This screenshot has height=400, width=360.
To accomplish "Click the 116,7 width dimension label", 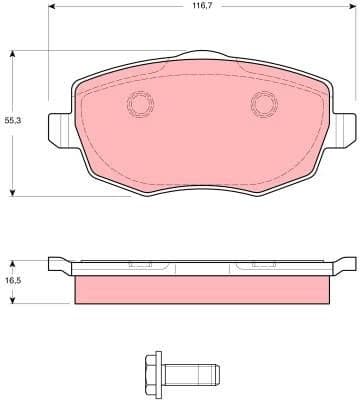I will pos(204,7).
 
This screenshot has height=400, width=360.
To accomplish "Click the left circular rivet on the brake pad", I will pos(139,102).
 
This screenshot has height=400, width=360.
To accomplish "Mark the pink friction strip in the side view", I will pos(203,290).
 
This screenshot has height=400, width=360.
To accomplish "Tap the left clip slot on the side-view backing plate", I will pos(141,265).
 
